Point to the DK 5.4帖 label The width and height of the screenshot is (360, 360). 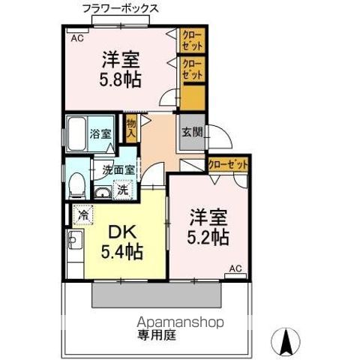pyautogui.click(x=122, y=241)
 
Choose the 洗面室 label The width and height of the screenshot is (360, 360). pyautogui.click(x=118, y=169)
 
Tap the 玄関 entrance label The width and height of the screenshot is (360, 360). pyautogui.click(x=190, y=132)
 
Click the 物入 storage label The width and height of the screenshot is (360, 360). pyautogui.click(x=131, y=128)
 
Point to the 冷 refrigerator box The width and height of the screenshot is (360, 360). pyautogui.click(x=82, y=215)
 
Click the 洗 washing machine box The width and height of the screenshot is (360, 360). pyautogui.click(x=122, y=190)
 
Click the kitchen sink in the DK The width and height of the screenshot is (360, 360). pyautogui.click(x=74, y=241)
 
